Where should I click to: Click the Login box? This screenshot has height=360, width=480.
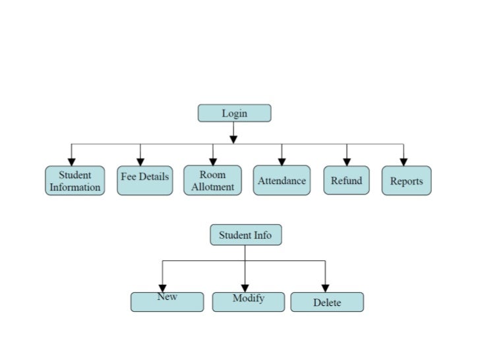234,113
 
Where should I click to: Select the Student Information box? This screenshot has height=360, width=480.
75,181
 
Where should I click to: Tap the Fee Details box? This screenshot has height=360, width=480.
145,181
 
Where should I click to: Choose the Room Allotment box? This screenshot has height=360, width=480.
212,181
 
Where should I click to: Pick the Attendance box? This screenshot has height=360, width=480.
282,181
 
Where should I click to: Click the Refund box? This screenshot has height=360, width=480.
346,181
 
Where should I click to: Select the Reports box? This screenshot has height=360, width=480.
406,181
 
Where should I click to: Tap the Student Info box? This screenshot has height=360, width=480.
245,235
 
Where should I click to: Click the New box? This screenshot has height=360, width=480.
167,301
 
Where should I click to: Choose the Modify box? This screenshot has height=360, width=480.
248,301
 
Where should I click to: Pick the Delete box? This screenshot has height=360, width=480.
326,302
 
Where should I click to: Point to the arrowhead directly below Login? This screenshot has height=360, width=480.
233,139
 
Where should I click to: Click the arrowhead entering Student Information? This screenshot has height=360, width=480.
72,162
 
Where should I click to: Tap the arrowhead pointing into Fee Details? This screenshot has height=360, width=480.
140,162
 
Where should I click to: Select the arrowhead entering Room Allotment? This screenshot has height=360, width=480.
213,162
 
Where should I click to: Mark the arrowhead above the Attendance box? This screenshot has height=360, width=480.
282,162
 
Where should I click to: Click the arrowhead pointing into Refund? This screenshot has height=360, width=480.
347,162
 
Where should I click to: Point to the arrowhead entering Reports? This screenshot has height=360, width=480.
404,162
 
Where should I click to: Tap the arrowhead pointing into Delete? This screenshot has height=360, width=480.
325,288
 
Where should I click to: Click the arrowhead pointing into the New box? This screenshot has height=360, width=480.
162,288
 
